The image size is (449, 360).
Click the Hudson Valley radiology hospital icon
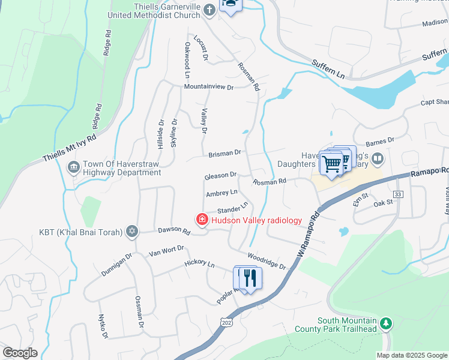202,220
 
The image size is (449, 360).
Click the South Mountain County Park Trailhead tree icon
387,324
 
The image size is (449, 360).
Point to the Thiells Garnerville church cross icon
209,10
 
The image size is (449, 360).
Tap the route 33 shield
397,194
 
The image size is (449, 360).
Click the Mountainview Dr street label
208,87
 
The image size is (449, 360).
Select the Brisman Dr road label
224,154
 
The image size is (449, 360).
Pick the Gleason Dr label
220,175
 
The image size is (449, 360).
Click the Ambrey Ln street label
221,193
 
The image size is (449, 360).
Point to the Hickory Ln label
199,263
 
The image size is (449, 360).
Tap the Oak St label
382,203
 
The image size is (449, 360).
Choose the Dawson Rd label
173,230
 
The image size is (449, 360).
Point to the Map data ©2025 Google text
411,355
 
